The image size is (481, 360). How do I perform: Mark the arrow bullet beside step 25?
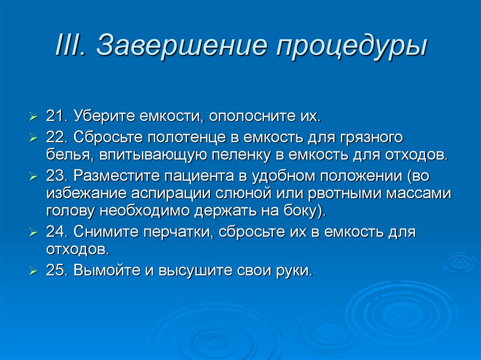(x=33, y=271)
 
